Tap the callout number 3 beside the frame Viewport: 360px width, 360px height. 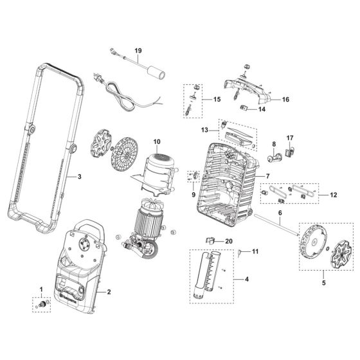point(79,176)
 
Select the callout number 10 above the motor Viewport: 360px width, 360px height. point(156,141)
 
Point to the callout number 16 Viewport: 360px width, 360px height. point(285,100)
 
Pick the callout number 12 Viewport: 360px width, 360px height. point(332,194)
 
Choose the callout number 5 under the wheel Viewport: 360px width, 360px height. point(324,282)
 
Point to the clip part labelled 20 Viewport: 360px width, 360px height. point(211,240)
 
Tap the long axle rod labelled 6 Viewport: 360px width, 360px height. point(276,225)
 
